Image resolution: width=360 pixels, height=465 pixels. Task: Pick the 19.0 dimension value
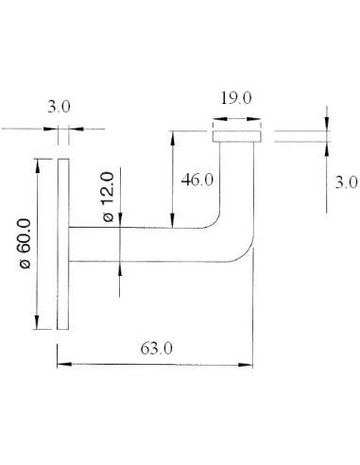234,97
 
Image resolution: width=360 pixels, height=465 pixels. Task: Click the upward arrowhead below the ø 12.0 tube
120,267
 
